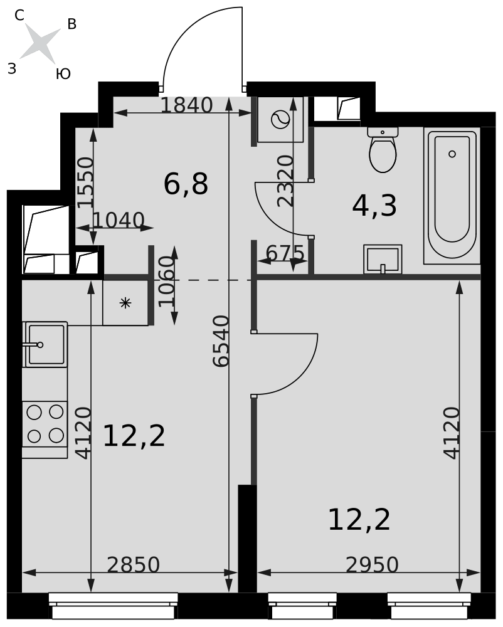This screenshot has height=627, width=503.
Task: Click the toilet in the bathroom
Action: pyautogui.click(x=383, y=150)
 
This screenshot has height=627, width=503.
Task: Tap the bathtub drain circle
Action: pyautogui.click(x=452, y=154)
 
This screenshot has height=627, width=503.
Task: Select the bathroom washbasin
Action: pyautogui.click(x=383, y=259)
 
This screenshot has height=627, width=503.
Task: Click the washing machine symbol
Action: pyautogui.click(x=280, y=120)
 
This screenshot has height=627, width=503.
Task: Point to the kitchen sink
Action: pyautogui.click(x=45, y=344)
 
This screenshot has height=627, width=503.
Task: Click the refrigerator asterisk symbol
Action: pyautogui.click(x=125, y=303)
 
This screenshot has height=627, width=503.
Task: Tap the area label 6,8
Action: pyautogui.click(x=186, y=184)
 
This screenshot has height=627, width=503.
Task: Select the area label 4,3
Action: pyautogui.click(x=374, y=206)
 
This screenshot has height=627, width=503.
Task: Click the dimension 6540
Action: pyautogui.click(x=221, y=340)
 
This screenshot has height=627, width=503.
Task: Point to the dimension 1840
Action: pyautogui.click(x=187, y=105)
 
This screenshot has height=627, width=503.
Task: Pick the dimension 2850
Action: pyautogui.click(x=134, y=565)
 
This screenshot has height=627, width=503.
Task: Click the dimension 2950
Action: pyautogui.click(x=373, y=565)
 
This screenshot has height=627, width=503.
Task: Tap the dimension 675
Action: pyautogui.click(x=285, y=253)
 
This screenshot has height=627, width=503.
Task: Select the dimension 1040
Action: pyautogui.click(x=119, y=220)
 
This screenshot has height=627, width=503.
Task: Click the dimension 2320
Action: pyautogui.click(x=286, y=181)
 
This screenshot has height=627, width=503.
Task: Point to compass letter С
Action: pyautogui.click(x=19, y=15)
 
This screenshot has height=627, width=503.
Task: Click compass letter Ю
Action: pyautogui.click(x=63, y=73)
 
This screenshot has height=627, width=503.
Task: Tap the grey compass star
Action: pyautogui.click(x=40, y=44)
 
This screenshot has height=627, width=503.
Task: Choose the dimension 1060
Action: pyautogui.click(x=167, y=282)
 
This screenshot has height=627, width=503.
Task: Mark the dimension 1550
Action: pyautogui.click(x=85, y=182)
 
